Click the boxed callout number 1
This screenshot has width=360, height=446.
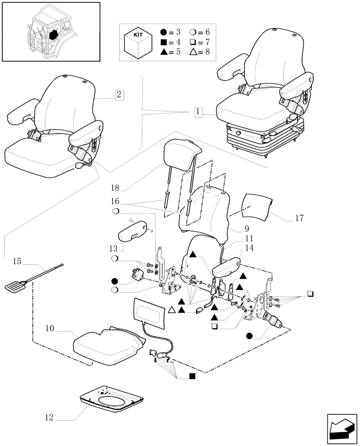tap(198, 112)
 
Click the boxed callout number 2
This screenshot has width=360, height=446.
tap(119, 95)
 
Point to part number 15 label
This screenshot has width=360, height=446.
tap(17, 261)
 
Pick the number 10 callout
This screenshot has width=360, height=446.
tap(49, 329)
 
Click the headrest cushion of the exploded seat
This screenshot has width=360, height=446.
tap(180, 152)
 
